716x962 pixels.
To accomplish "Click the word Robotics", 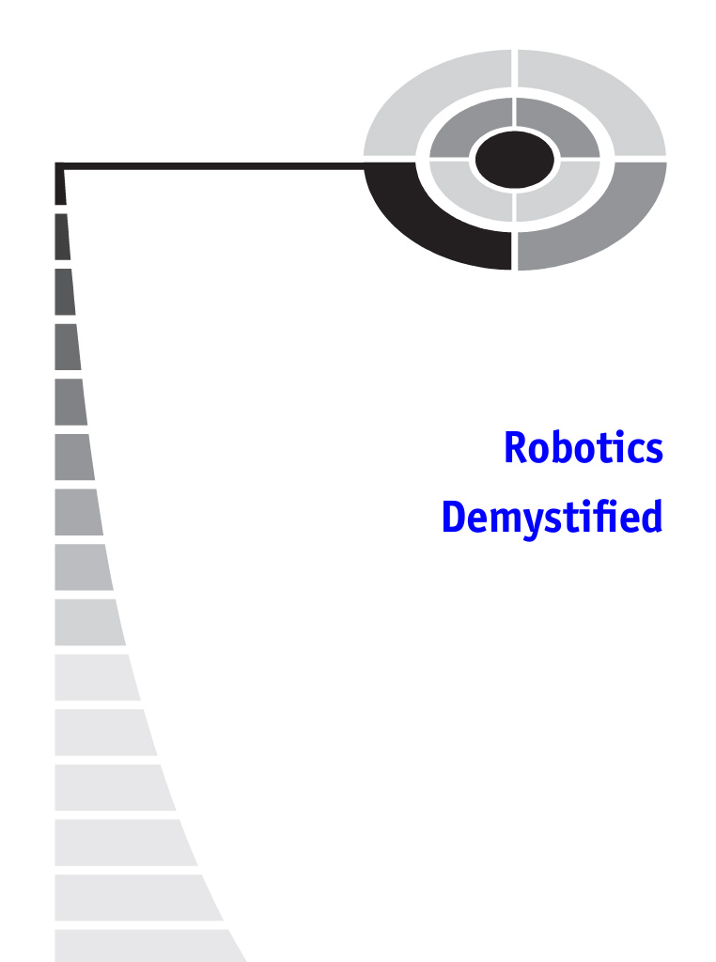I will tap(584, 448).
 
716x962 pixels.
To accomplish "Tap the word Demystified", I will tap(552, 518).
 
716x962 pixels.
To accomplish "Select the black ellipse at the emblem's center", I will tap(514, 160).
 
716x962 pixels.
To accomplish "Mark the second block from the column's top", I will tap(62, 237).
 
